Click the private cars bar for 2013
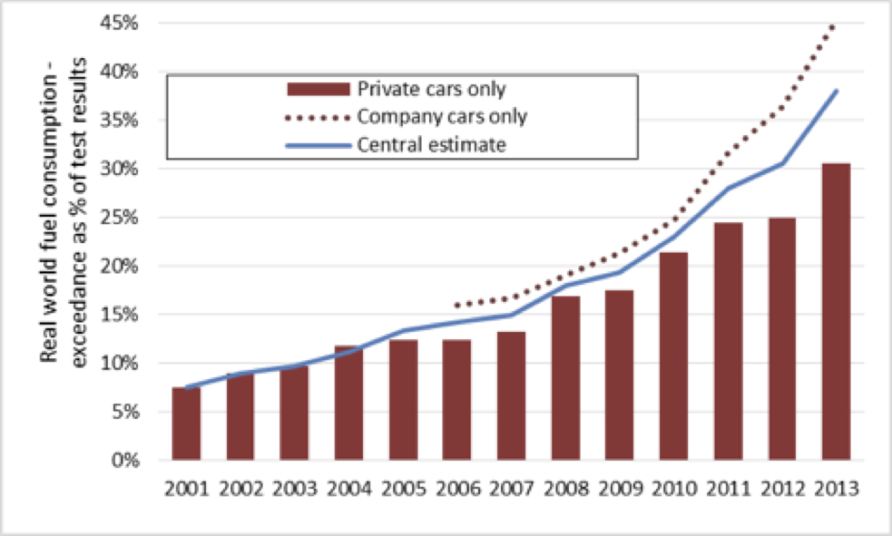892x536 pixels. click(835, 312)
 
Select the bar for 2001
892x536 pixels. click(186, 424)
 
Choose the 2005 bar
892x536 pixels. click(402, 400)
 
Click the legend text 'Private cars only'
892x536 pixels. click(431, 89)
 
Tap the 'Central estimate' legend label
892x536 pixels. click(431, 144)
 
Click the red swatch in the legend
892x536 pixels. click(317, 89)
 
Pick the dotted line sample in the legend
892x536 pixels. click(317, 117)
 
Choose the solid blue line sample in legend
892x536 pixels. click(317, 144)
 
